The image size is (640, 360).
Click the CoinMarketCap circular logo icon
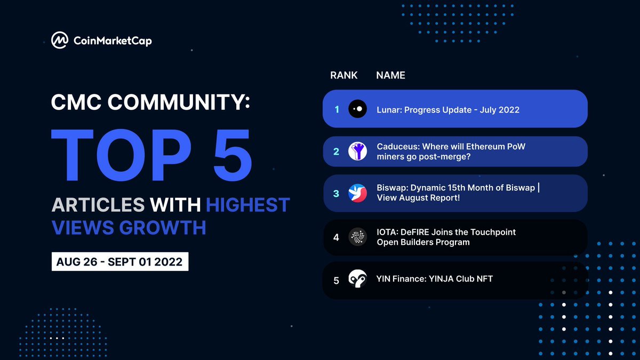[59, 40]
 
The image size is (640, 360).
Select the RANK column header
[344, 75]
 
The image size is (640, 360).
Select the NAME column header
[390, 75]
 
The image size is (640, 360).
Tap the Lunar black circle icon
[357, 109]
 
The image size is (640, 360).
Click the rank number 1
[337, 109]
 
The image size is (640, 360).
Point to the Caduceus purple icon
[357, 151]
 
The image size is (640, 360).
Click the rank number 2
[337, 151]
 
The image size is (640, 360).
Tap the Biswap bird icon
[357, 194]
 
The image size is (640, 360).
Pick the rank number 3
[337, 194]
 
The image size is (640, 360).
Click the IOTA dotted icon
[357, 237]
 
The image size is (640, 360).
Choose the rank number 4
[337, 237]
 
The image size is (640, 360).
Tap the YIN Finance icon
[357, 279]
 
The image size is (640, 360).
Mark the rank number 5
[337, 280]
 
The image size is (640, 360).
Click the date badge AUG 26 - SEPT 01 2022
[120, 262]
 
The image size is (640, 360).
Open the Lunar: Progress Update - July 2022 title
[448, 110]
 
